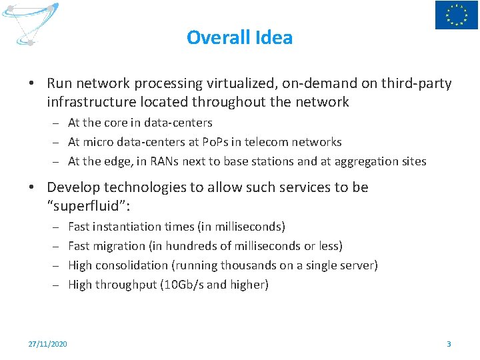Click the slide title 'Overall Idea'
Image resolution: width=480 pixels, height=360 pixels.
(x=239, y=37)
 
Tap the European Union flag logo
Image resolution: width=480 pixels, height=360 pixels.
(x=457, y=15)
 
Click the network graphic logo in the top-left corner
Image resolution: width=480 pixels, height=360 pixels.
(x=31, y=24)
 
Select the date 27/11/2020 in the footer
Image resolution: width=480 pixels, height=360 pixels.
(x=47, y=344)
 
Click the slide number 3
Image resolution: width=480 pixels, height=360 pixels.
(x=449, y=344)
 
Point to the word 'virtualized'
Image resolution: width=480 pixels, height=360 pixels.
(x=241, y=83)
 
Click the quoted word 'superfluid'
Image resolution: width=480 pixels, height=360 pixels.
(x=90, y=206)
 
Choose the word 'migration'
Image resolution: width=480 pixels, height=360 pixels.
(x=121, y=246)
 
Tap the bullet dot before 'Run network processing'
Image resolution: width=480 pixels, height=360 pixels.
(x=31, y=84)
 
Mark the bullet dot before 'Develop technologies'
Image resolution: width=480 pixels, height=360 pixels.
(x=31, y=188)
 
